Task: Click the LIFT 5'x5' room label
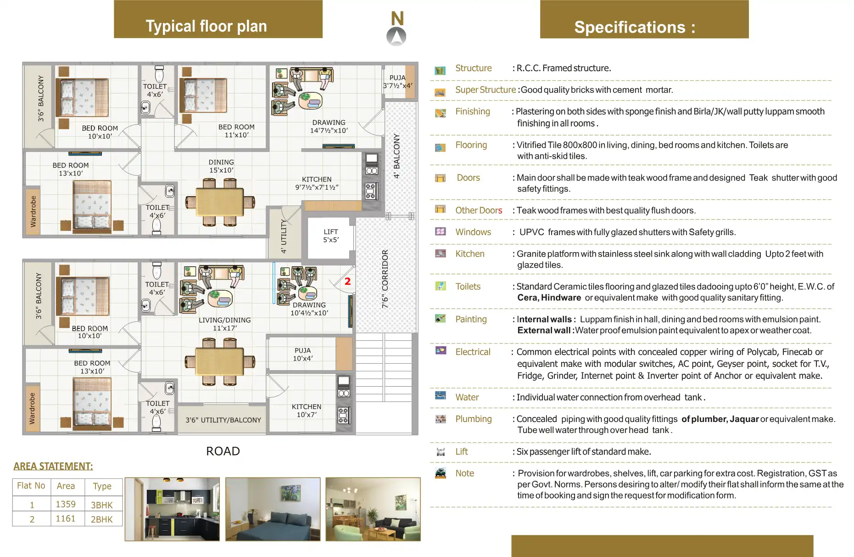(x=330, y=236)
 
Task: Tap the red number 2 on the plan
(x=347, y=281)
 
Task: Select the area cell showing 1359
(x=66, y=504)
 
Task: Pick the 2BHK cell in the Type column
(x=101, y=519)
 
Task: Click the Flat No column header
(x=31, y=486)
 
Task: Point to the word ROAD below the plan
(x=223, y=451)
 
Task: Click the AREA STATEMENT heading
(x=53, y=467)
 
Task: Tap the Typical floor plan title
(x=206, y=26)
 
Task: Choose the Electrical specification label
(x=473, y=352)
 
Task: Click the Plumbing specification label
(x=473, y=419)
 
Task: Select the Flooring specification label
(x=471, y=145)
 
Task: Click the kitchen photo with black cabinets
(x=172, y=509)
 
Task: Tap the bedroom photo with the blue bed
(x=273, y=509)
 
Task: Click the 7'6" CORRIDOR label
(x=385, y=279)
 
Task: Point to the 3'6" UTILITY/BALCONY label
(x=223, y=420)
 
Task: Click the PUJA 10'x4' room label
(x=303, y=354)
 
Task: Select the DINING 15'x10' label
(x=221, y=166)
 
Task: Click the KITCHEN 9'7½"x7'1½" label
(x=317, y=183)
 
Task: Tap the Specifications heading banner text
(x=635, y=27)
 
